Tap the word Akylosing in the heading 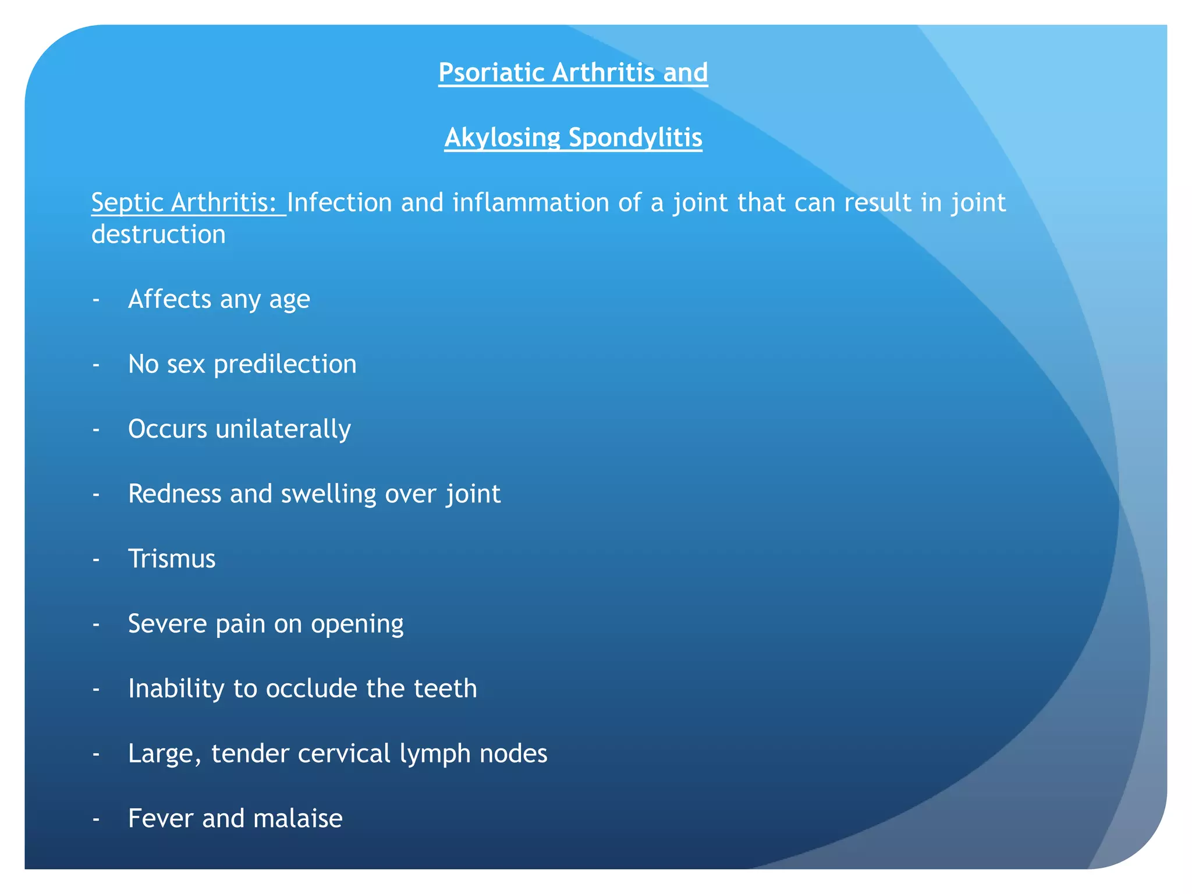pos(502,138)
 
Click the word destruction pos(158,235)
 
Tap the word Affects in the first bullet pos(169,299)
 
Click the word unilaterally pos(283,430)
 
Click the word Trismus pos(172,559)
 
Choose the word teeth pos(445,689)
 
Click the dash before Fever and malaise pos(96,819)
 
